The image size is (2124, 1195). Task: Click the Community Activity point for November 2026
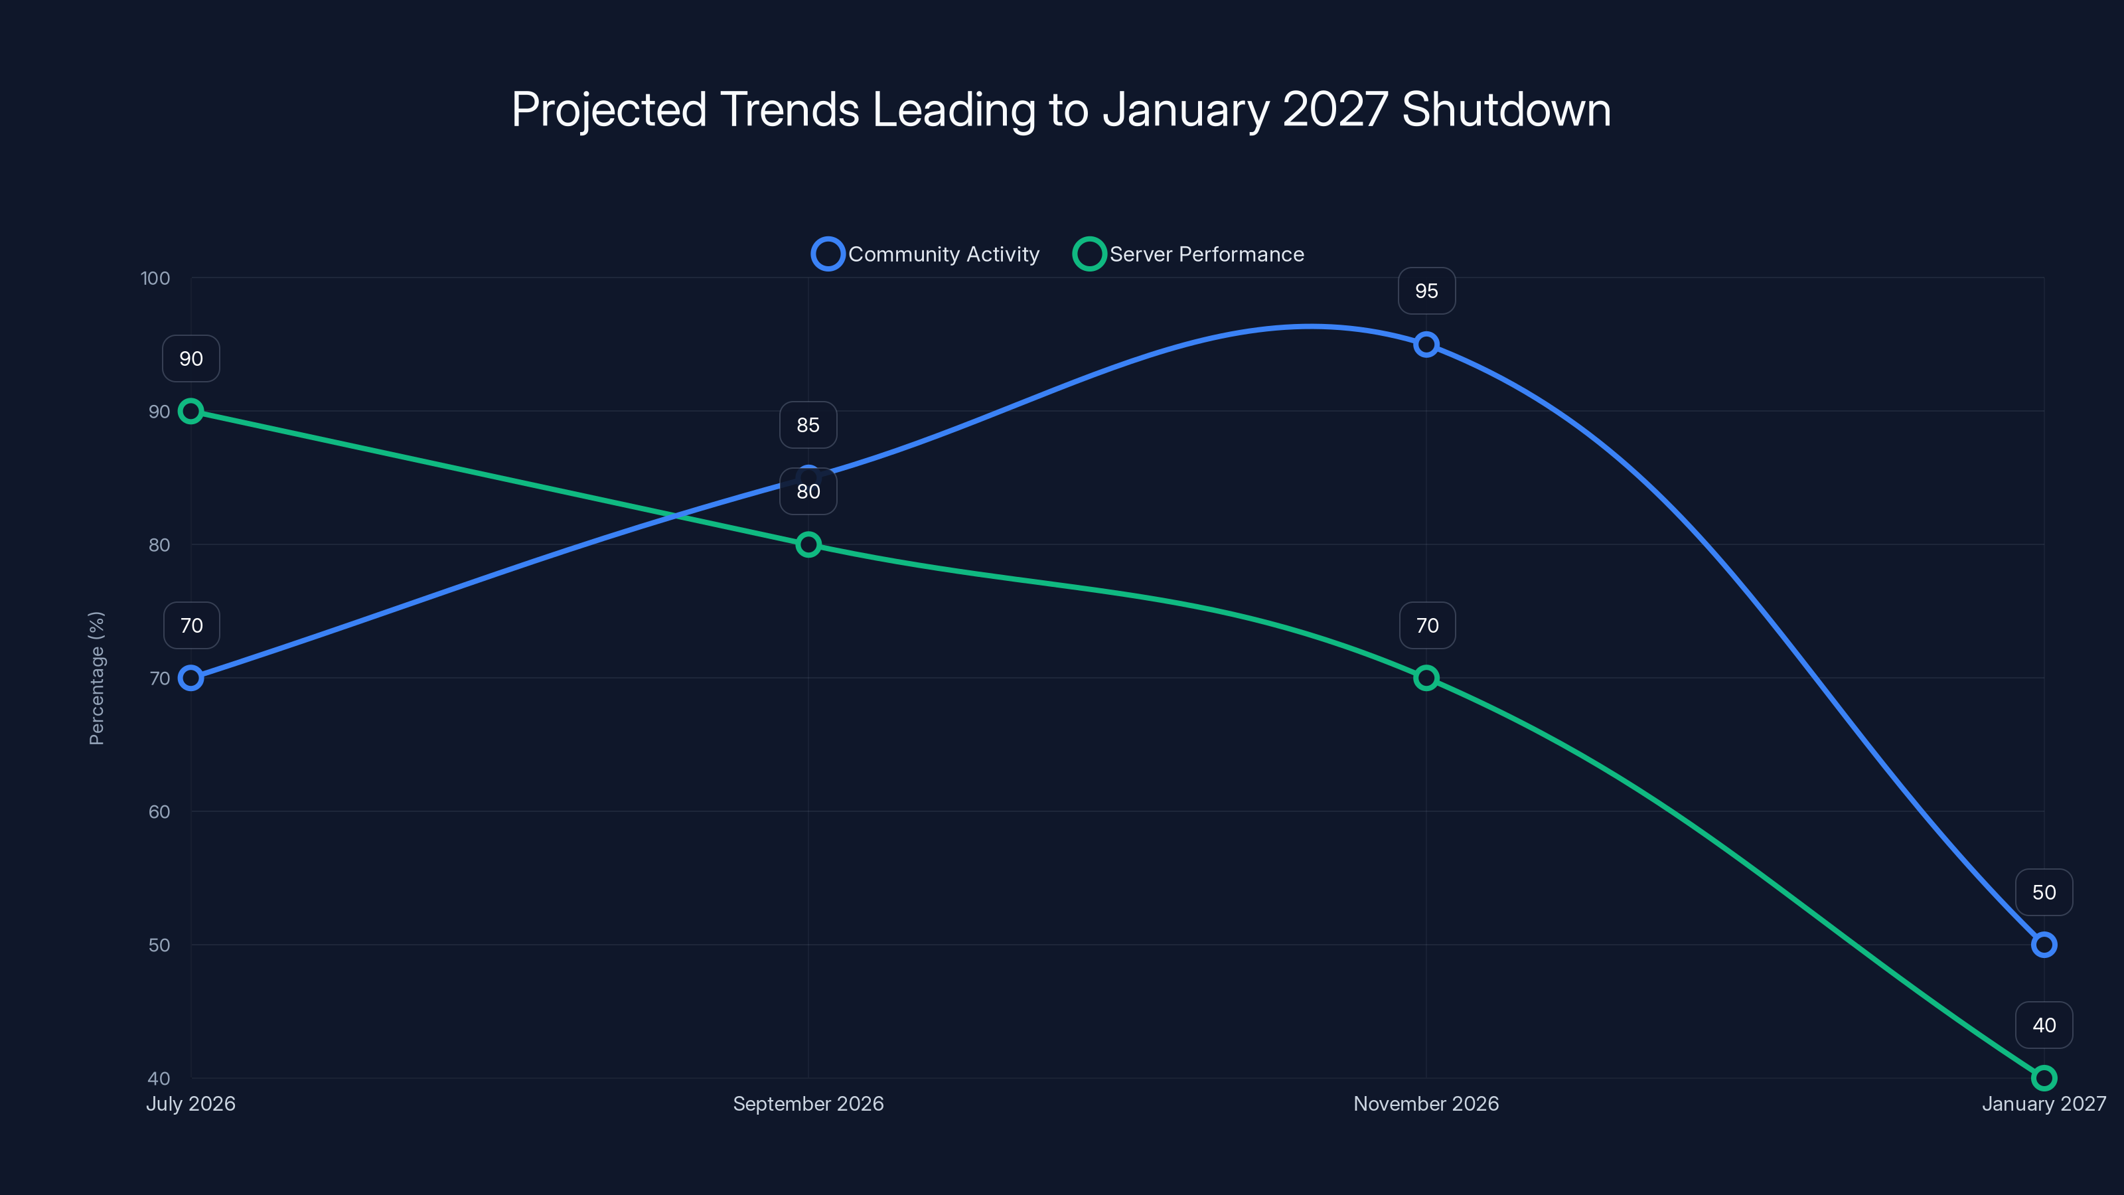[1426, 344]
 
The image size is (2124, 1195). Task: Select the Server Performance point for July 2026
[190, 411]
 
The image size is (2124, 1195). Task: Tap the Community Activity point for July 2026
[190, 678]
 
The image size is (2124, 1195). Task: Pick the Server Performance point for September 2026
[808, 544]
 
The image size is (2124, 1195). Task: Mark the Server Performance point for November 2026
[1426, 678]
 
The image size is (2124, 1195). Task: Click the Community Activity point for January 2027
[2043, 944]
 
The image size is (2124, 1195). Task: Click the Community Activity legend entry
[926, 254]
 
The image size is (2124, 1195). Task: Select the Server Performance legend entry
[1189, 254]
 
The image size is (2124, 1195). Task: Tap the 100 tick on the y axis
[155, 278]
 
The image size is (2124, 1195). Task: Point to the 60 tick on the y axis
[159, 811]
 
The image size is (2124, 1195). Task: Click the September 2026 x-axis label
[808, 1103]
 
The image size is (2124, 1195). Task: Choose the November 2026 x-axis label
[1426, 1103]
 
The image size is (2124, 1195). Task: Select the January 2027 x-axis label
[2043, 1103]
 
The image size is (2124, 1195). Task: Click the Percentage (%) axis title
[96, 678]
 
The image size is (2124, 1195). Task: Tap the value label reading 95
[1426, 291]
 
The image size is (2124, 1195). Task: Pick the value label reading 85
[808, 425]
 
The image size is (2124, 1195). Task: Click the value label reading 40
[2043, 1025]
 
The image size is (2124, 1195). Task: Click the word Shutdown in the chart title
[1505, 110]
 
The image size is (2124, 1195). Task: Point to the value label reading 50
[2043, 892]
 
